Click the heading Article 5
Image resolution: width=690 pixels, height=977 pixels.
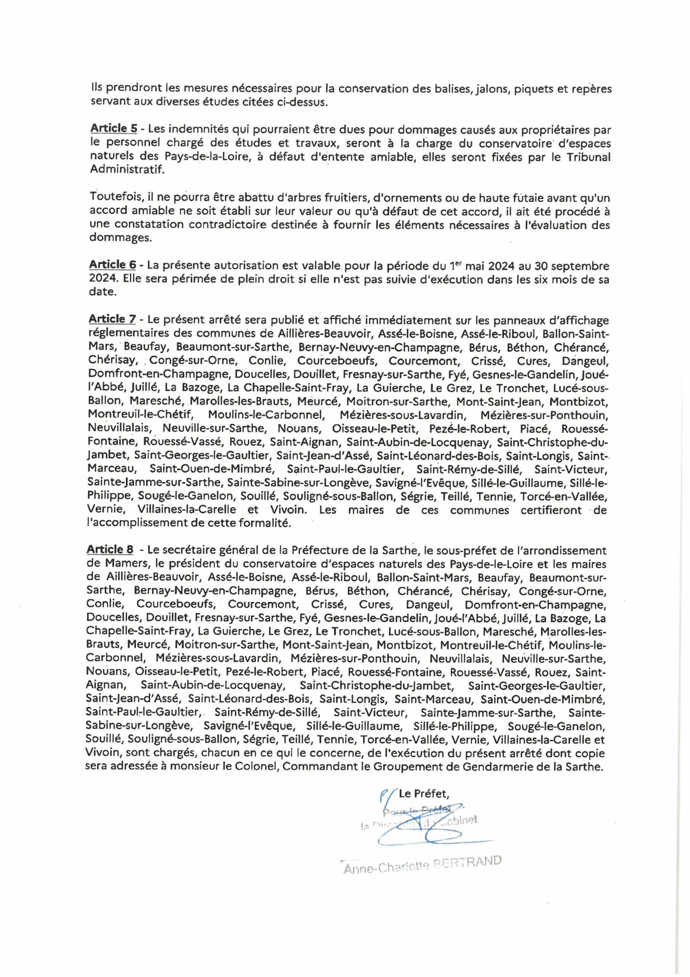(113, 129)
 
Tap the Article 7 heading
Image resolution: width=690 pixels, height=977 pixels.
(112, 319)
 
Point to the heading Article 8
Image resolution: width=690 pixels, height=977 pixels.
(110, 550)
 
